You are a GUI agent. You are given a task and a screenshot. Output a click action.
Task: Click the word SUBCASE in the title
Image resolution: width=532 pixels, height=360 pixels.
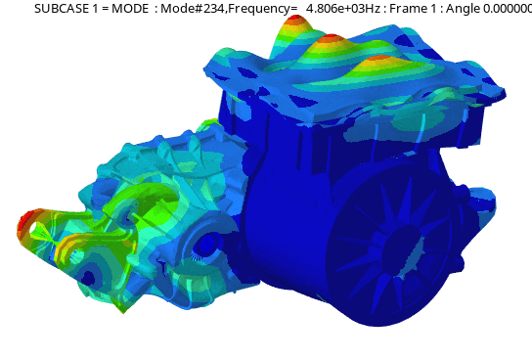(x=61, y=8)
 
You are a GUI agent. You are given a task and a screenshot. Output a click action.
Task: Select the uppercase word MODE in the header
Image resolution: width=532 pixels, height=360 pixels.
(x=130, y=8)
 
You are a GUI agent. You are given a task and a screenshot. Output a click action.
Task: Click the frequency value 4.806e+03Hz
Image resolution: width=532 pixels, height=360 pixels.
(x=343, y=8)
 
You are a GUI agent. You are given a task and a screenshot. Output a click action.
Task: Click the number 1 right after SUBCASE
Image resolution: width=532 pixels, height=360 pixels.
(x=95, y=8)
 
